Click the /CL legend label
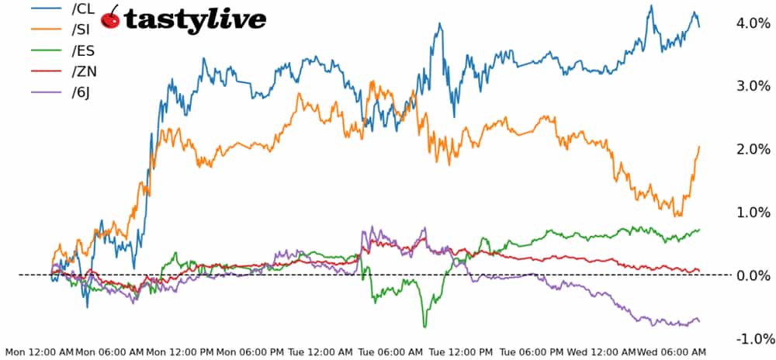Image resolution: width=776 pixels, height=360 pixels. pyautogui.click(x=83, y=10)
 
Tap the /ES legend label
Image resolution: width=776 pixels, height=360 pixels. pyautogui.click(x=83, y=52)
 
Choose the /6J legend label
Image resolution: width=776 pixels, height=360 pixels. pyautogui.click(x=82, y=94)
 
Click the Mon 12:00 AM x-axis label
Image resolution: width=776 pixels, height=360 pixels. pyautogui.click(x=39, y=352)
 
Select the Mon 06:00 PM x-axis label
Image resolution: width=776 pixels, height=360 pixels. pyautogui.click(x=251, y=352)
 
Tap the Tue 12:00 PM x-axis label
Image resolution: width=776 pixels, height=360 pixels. pyautogui.click(x=462, y=352)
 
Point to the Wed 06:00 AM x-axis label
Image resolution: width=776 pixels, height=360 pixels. pyautogui.click(x=672, y=352)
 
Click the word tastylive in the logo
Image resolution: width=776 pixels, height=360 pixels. pyautogui.click(x=195, y=19)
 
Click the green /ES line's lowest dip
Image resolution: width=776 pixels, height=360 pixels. pyautogui.click(x=424, y=326)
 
